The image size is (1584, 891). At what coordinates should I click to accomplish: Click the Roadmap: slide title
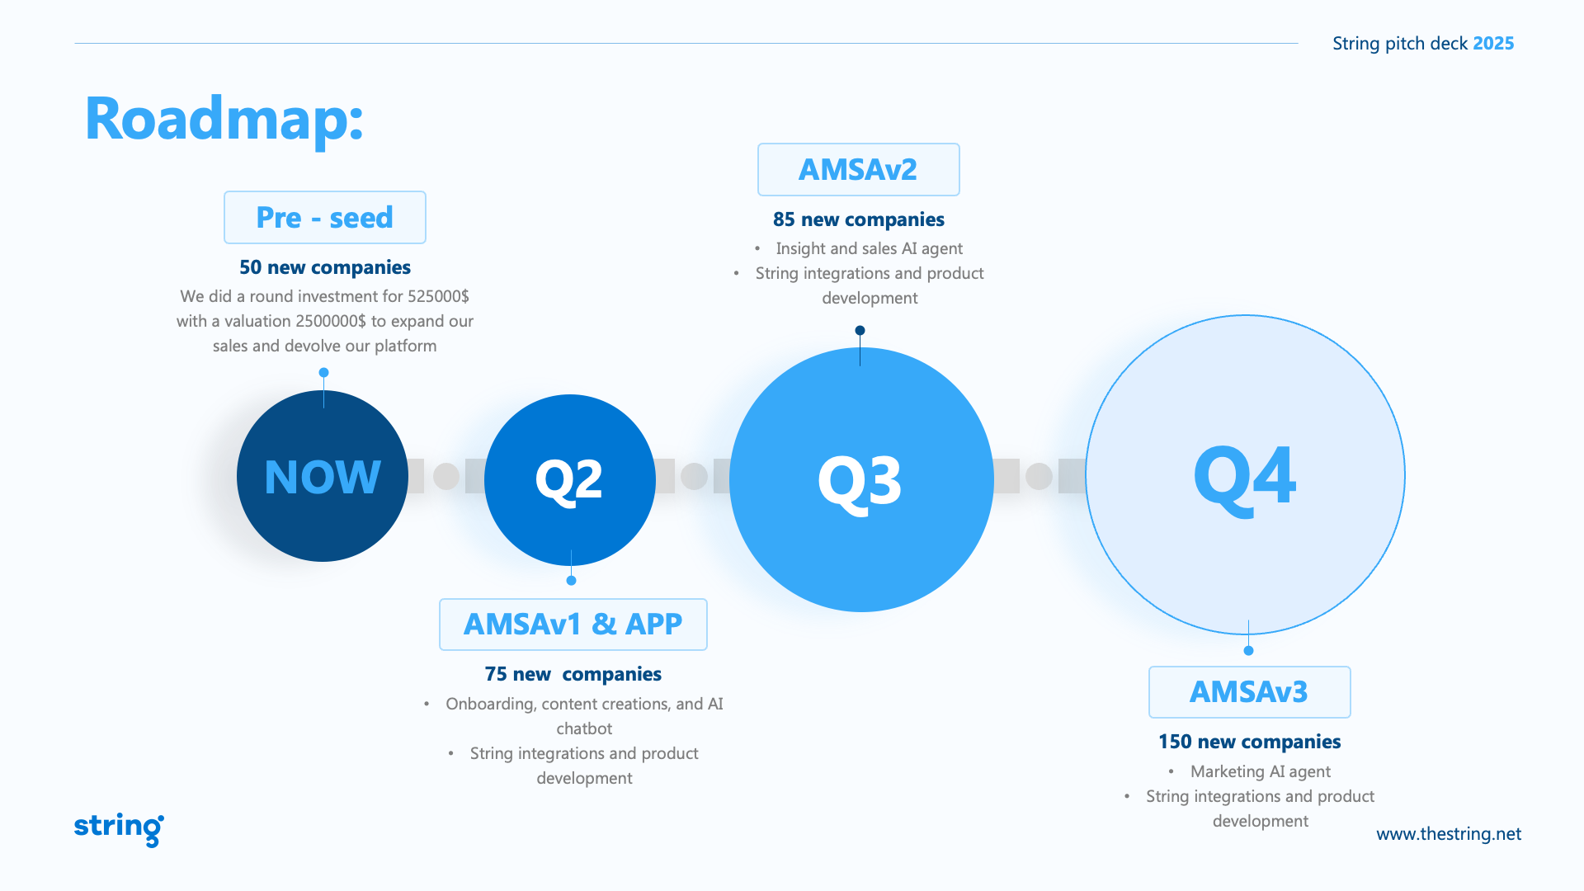point(224,120)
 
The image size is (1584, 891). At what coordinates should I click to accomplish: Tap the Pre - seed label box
point(325,218)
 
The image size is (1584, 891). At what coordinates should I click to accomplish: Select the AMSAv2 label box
point(859,170)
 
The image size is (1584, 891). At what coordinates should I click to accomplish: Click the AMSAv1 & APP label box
point(573,625)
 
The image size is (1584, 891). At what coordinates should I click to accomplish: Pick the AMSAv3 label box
point(1250,692)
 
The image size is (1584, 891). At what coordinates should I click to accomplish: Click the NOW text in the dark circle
point(323,477)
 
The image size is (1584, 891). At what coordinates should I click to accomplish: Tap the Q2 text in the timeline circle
point(569,480)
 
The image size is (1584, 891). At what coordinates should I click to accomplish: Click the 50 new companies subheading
point(325,267)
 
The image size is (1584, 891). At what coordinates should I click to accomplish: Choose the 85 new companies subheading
point(859,219)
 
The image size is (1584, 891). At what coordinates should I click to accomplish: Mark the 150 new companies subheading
point(1250,742)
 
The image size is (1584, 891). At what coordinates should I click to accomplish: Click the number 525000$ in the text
point(438,296)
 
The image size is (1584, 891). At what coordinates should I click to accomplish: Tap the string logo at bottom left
point(119,828)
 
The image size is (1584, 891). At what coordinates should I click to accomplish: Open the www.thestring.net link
point(1449,834)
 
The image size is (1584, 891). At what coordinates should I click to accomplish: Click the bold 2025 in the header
point(1494,44)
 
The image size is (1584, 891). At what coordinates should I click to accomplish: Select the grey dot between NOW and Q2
point(446,476)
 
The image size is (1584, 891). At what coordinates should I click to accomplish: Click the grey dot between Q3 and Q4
point(1039,476)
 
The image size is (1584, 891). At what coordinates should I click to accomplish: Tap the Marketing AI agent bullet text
point(1261,771)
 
